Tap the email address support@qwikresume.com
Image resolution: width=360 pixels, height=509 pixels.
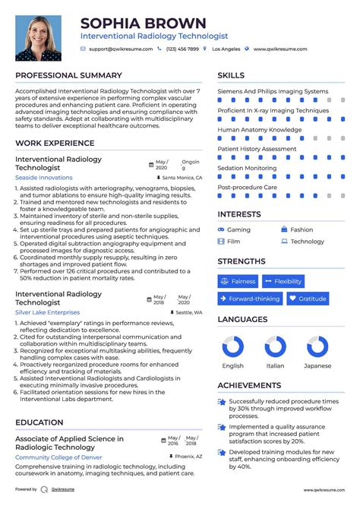point(120,49)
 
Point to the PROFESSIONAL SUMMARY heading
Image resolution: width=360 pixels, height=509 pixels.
point(68,75)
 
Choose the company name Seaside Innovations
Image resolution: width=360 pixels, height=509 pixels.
point(44,177)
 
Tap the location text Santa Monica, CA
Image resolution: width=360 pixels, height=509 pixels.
point(182,177)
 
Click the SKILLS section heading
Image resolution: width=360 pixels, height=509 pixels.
point(231,75)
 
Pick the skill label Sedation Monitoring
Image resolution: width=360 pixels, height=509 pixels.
point(247,168)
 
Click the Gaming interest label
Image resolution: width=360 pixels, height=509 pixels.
point(238,229)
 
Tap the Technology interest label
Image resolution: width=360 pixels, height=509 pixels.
point(307,242)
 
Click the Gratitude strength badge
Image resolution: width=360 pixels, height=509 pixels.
point(308,299)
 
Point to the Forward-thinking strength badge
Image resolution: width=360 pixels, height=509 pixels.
point(250,299)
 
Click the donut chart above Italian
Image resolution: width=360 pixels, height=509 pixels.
point(275,347)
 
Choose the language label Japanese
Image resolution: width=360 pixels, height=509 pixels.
point(317,365)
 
